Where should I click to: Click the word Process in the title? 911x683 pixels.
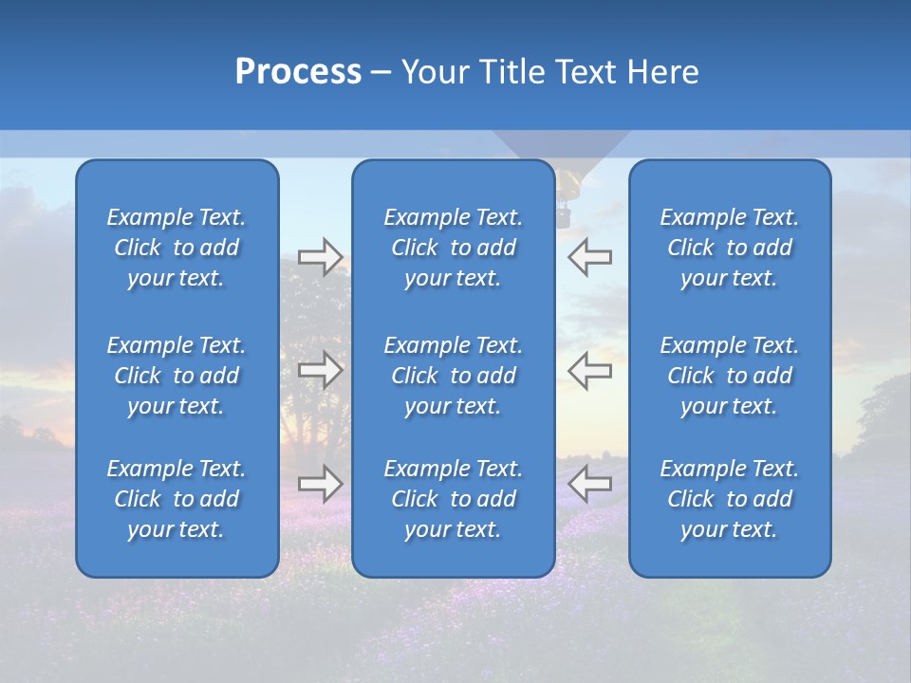[x=298, y=72]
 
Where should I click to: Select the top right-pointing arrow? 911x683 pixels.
[x=320, y=256]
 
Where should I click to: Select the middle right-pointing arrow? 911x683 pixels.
[x=320, y=370]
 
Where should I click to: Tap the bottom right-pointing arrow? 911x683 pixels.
[x=320, y=483]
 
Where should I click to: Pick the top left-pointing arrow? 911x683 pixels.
[x=589, y=256]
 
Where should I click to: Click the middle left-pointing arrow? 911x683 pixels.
[x=589, y=370]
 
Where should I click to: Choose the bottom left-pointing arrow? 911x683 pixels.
[x=589, y=483]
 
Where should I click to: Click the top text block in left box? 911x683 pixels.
[x=177, y=248]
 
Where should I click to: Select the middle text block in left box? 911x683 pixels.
[x=177, y=376]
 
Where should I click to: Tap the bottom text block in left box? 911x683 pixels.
[x=177, y=499]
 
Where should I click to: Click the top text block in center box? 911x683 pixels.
[x=453, y=248]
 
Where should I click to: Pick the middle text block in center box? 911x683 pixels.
[x=453, y=376]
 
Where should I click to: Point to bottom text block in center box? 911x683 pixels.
[x=453, y=499]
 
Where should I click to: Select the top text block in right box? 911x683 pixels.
[x=729, y=248]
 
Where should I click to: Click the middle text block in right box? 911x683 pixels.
[x=729, y=376]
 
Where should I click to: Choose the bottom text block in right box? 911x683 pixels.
[x=729, y=499]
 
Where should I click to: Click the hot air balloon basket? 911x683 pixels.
[x=564, y=217]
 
